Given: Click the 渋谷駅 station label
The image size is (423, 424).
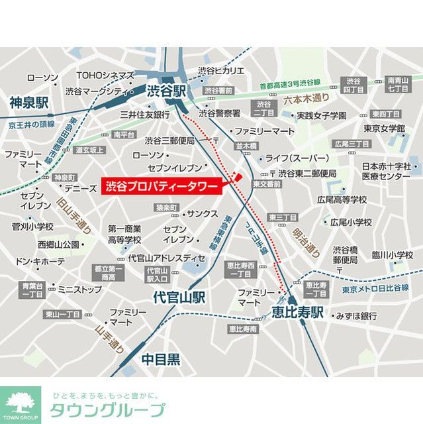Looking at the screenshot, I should tap(167, 91).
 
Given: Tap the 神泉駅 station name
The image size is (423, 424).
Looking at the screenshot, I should tap(29, 103).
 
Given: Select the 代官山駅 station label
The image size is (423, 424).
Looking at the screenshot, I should tap(178, 297).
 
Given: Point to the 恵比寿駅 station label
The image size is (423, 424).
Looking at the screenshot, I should tap(297, 312).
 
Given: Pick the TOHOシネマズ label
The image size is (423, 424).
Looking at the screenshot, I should tap(105, 76).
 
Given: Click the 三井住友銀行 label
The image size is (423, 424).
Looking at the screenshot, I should tap(144, 115).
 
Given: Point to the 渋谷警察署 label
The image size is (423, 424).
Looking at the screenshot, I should tap(218, 113).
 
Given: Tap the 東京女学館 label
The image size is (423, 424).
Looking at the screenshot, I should tap(383, 128).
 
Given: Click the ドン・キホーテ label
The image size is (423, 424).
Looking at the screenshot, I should tap(40, 261).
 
